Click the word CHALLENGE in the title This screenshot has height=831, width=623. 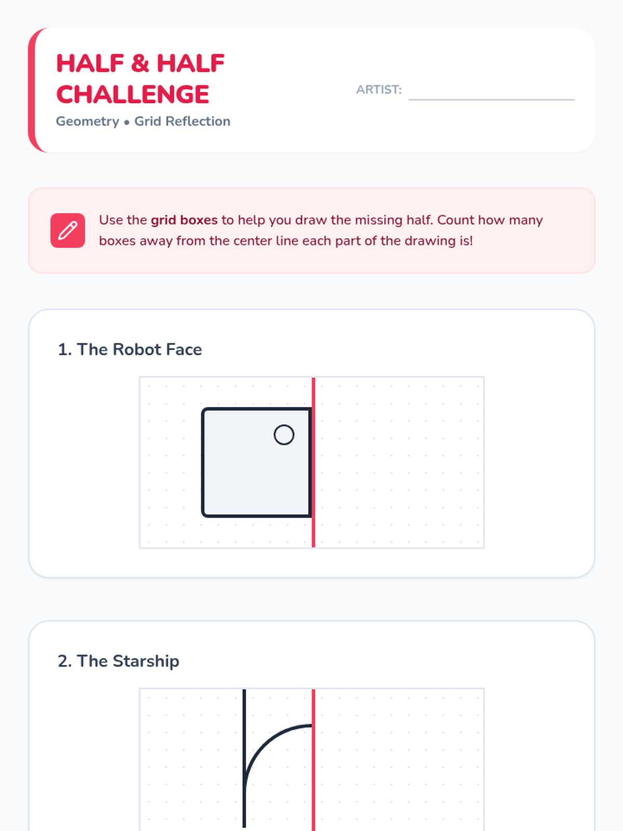tap(132, 95)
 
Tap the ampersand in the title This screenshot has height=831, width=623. tap(140, 63)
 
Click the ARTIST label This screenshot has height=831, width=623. tap(378, 90)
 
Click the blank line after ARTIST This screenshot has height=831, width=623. tap(491, 100)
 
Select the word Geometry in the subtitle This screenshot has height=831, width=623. tap(87, 122)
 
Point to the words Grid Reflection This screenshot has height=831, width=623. tap(182, 121)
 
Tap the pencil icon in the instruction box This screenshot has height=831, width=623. tap(67, 230)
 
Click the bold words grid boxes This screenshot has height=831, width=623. tap(184, 220)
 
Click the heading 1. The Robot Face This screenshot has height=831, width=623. tap(130, 349)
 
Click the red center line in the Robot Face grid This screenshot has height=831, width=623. tap(313, 462)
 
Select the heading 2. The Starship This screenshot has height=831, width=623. tap(118, 661)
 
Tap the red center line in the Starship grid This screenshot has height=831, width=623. tap(313, 760)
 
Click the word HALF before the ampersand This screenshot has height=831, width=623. tap(90, 63)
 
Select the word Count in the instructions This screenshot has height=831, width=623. tap(456, 220)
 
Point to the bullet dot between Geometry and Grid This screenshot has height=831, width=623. tap(127, 122)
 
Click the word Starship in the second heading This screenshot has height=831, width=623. tap(146, 661)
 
